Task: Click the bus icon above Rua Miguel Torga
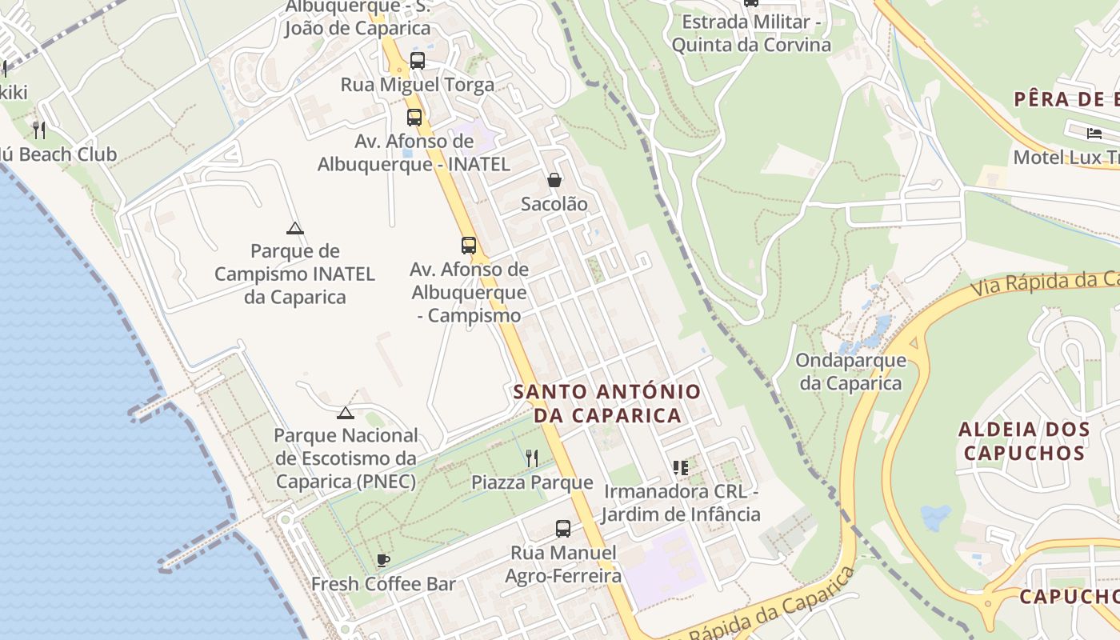[417, 60]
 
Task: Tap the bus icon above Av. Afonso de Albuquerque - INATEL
[414, 118]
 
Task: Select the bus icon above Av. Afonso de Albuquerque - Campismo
[469, 246]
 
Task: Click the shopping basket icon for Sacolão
[554, 180]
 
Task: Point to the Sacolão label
[554, 204]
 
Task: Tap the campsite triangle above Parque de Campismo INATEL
[295, 229]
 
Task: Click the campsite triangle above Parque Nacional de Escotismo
[345, 413]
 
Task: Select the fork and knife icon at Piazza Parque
[531, 458]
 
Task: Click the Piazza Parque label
[532, 482]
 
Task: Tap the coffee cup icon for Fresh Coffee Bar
[383, 560]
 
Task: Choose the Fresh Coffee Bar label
[383, 584]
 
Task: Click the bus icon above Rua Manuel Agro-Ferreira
[563, 529]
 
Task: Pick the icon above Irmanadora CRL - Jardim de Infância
[681, 467]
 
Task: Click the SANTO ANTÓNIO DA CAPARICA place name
[607, 403]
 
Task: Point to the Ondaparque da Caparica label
[850, 371]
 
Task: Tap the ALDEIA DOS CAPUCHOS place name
[1024, 441]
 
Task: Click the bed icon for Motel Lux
[1094, 133]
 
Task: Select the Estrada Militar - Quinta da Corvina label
[751, 33]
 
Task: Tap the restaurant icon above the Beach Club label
[39, 130]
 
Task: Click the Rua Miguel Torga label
[418, 85]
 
